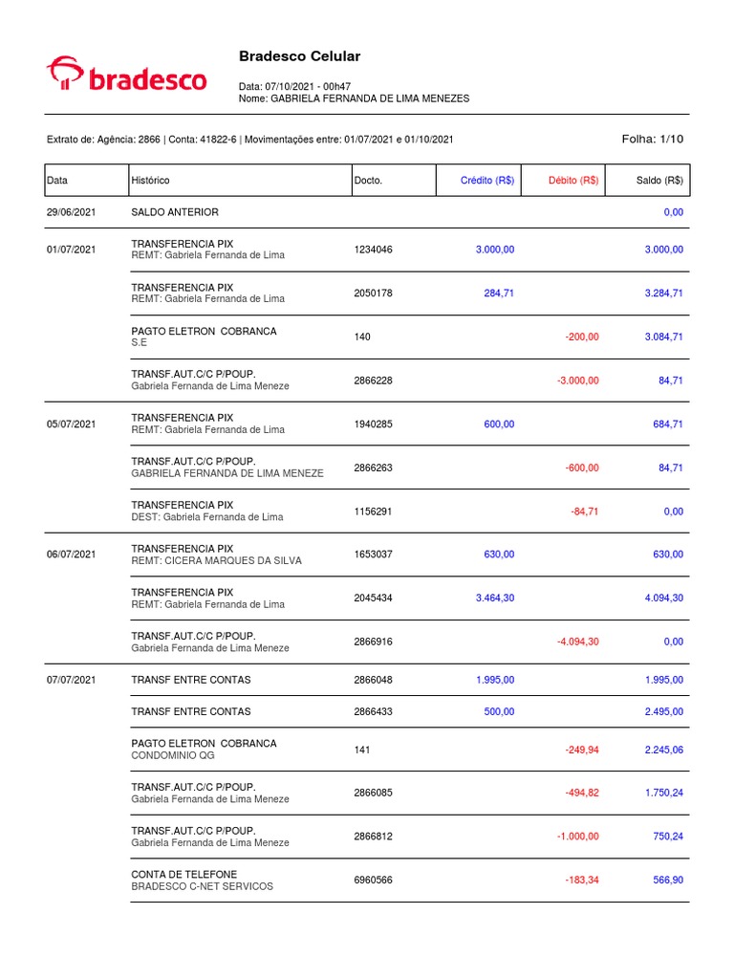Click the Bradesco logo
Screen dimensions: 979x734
[x=126, y=76]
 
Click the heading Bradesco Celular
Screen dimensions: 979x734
[x=299, y=56]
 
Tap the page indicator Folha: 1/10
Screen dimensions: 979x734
[x=653, y=140]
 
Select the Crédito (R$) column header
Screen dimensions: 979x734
[x=487, y=181]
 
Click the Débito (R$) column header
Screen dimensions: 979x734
[x=573, y=181]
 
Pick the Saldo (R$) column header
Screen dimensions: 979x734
[x=659, y=181]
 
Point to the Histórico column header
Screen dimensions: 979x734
[x=150, y=181]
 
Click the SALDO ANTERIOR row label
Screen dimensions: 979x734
[x=174, y=212]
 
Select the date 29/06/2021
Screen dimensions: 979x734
[x=71, y=212]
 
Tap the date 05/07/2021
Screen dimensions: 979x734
[x=71, y=424]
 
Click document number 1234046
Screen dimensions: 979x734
[x=373, y=250]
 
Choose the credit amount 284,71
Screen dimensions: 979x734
[x=499, y=294]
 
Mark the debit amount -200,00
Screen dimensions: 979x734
[x=579, y=337]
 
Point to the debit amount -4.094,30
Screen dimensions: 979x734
[x=578, y=642]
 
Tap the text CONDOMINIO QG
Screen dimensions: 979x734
[x=173, y=755]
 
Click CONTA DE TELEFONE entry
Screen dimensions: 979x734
[x=183, y=874]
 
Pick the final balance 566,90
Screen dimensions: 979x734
[x=668, y=881]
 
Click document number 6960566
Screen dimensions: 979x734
[x=373, y=881]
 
